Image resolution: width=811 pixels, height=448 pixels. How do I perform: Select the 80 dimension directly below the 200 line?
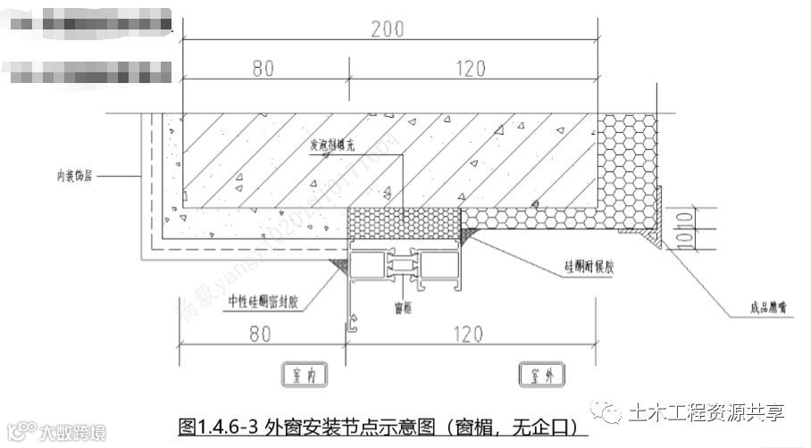263,68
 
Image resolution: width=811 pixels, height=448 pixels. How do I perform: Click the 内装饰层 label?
74,177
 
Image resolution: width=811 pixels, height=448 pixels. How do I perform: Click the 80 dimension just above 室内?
259,335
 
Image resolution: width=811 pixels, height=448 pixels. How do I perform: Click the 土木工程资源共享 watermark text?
706,411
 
